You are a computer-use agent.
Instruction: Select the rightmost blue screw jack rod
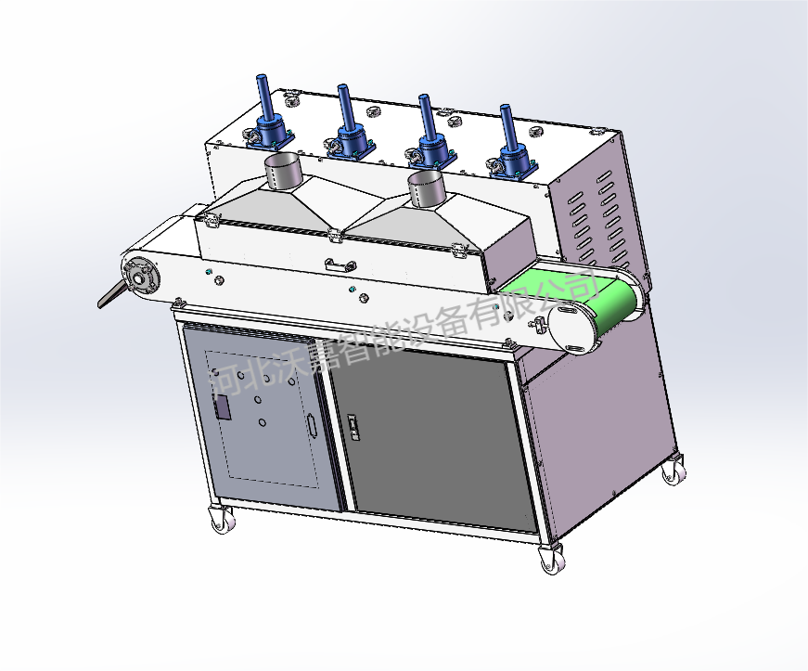coord(507,125)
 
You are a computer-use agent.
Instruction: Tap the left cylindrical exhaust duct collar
coord(282,171)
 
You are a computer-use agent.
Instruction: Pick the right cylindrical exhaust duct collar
coord(426,189)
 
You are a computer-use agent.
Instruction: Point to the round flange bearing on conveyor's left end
coord(140,277)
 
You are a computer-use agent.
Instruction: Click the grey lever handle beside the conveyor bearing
coord(112,295)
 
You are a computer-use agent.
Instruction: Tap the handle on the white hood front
coord(340,265)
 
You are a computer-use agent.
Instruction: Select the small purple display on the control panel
coord(223,406)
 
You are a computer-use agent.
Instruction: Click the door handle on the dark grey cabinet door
coord(354,427)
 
